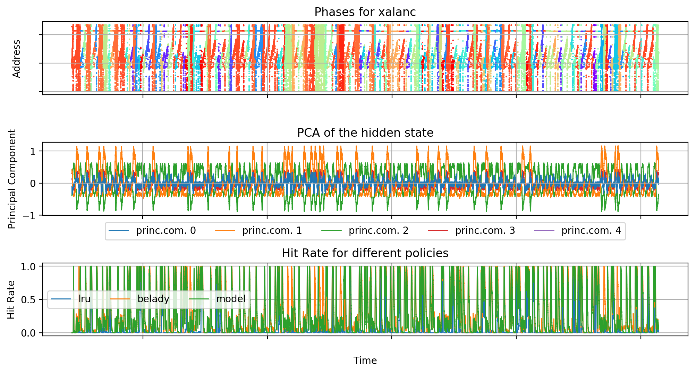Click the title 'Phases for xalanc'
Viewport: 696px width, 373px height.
365,12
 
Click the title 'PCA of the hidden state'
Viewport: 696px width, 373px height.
365,133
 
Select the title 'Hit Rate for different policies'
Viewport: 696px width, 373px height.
365,253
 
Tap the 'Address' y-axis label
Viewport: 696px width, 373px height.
17,59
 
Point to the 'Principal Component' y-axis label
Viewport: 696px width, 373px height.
12,179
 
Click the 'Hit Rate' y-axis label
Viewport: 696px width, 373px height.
11,300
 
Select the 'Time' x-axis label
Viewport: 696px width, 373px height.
365,361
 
